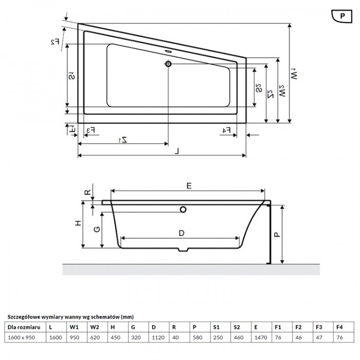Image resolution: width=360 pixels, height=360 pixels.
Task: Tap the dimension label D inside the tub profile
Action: click(181, 233)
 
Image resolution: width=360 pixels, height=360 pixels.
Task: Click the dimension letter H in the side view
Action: click(77, 223)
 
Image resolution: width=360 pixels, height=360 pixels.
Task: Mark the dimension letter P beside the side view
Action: click(276, 234)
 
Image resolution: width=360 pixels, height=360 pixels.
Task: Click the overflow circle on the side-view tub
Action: click(183, 209)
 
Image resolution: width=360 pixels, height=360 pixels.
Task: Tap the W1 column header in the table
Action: click(74, 327)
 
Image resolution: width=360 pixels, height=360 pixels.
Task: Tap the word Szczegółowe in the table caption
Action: click(22, 317)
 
